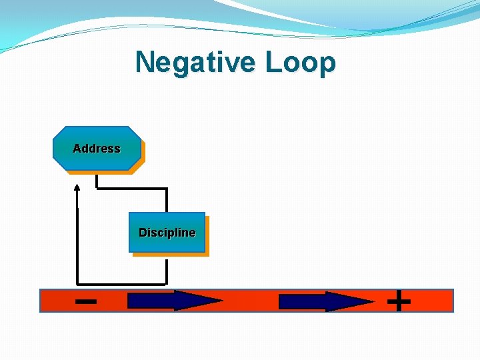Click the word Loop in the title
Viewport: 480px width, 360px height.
click(300, 63)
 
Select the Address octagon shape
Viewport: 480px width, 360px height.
click(97, 149)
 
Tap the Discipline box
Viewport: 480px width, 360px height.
click(167, 233)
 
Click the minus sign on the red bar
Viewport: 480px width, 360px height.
click(85, 301)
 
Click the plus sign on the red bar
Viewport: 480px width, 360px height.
click(399, 301)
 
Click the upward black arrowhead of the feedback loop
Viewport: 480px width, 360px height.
click(77, 187)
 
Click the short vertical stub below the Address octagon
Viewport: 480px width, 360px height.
click(97, 181)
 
